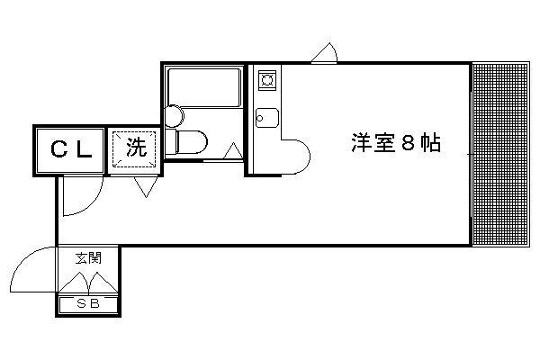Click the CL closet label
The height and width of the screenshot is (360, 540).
pos(72,149)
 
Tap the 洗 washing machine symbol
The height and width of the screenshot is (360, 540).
pos(134,149)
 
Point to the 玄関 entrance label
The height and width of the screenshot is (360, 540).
pos(89,257)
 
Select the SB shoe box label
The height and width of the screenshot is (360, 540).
pos(88,303)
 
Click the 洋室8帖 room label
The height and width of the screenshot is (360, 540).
pos(396,142)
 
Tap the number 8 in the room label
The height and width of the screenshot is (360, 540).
pos(408,143)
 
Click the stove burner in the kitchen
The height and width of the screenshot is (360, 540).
pos(267,80)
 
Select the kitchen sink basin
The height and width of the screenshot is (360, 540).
pos(267,118)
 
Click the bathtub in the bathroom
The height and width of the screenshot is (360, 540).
pos(204,87)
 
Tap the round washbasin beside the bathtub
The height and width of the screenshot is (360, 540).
pos(174,116)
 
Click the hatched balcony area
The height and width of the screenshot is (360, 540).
pos(500,154)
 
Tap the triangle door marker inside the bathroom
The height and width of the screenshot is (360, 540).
pos(233,151)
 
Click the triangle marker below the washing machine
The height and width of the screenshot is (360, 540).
pos(146,186)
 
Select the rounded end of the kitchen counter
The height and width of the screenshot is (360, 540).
pos(296,157)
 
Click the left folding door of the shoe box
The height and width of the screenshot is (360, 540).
pos(74,283)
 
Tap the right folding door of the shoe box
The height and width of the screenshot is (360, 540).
pos(103,283)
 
